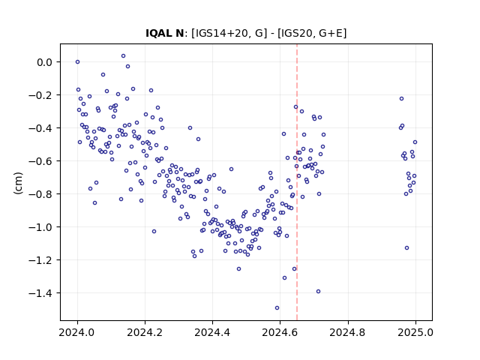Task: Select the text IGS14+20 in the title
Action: (219, 33)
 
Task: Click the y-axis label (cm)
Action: (18, 183)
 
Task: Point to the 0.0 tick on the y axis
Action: (44, 62)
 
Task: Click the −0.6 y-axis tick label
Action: (40, 161)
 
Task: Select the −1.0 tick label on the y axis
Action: (40, 227)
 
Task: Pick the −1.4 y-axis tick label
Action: (40, 293)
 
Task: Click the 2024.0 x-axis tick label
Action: (77, 332)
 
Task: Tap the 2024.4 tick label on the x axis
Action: (212, 332)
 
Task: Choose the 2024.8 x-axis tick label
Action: (348, 332)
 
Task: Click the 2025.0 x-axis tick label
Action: (415, 332)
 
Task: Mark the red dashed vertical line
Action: (297, 182)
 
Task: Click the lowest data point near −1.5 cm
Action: (277, 308)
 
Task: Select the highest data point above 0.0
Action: (123, 56)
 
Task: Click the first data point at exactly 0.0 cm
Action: (77, 61)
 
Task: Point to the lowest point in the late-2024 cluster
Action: (406, 248)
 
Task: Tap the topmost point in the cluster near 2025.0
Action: (402, 98)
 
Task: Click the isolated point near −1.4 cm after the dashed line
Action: (318, 292)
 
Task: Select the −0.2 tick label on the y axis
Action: (40, 95)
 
